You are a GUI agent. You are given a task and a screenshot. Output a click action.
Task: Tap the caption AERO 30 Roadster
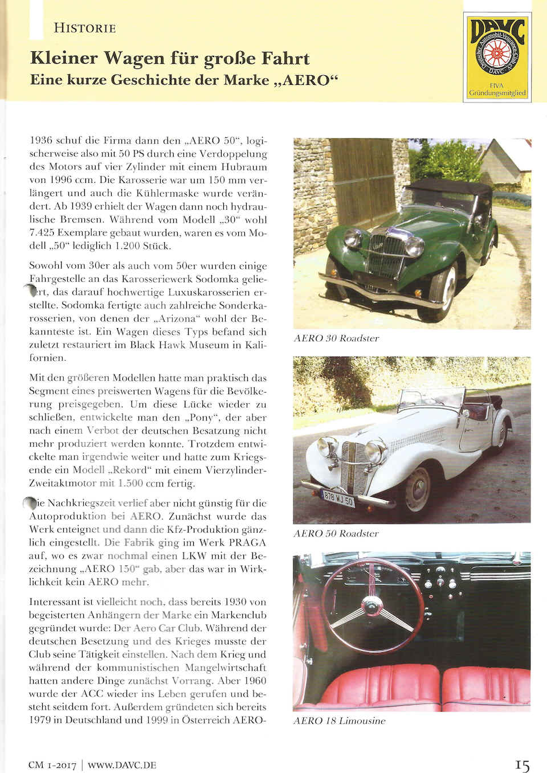coord(337,338)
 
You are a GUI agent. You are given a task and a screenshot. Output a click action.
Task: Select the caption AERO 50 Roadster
coord(337,534)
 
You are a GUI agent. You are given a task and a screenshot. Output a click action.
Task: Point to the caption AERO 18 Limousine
coord(340,721)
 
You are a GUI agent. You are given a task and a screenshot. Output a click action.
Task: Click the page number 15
coord(522,765)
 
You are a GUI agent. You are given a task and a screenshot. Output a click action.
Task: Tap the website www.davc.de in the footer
coord(122,765)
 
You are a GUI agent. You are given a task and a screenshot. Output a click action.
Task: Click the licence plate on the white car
coord(338,497)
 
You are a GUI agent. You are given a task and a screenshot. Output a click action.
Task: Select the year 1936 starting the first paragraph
coord(40,140)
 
